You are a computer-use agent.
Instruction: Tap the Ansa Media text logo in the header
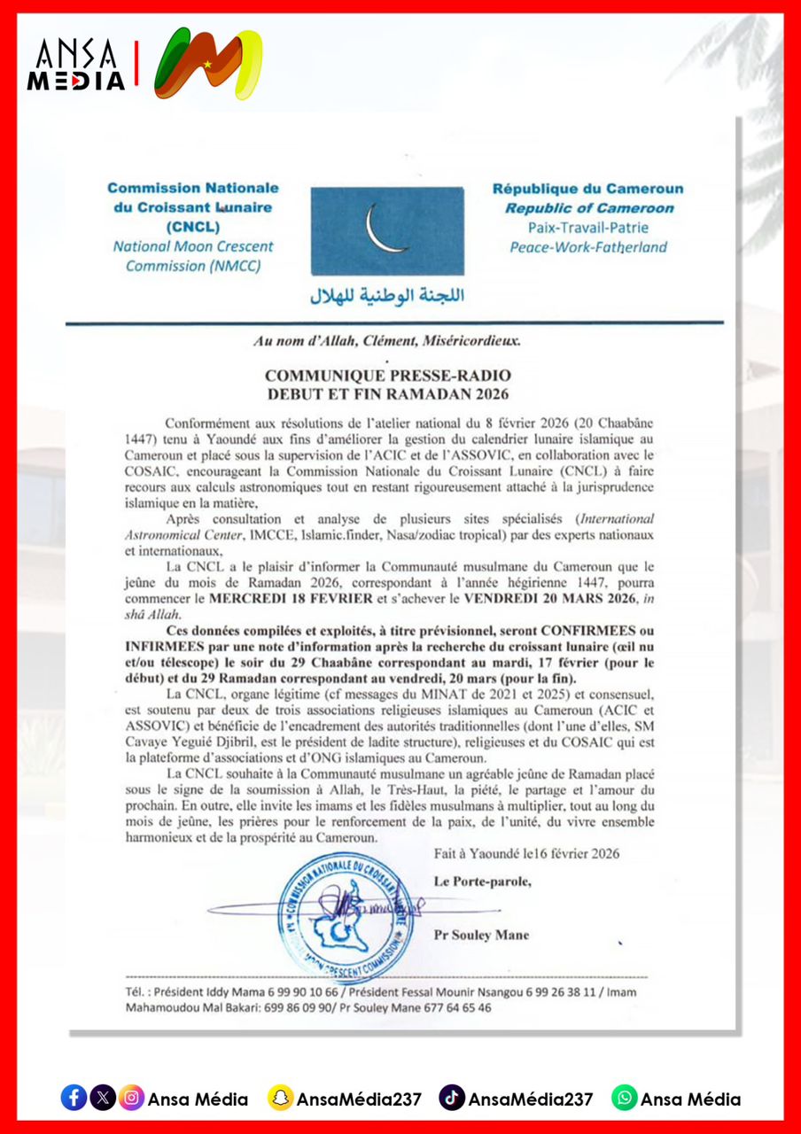pyautogui.click(x=76, y=66)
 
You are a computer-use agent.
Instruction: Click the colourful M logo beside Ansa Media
pyautogui.click(x=208, y=64)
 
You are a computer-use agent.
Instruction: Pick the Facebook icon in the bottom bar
pyautogui.click(x=74, y=1098)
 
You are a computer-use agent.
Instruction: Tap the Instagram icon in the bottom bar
pyautogui.click(x=131, y=1098)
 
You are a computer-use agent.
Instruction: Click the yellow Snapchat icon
pyautogui.click(x=281, y=1098)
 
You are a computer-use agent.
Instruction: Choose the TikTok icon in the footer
pyautogui.click(x=452, y=1098)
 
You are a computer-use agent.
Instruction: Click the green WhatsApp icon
pyautogui.click(x=624, y=1098)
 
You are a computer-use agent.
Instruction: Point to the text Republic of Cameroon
pyautogui.click(x=588, y=208)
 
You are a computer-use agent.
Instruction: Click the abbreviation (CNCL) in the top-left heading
pyautogui.click(x=192, y=227)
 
